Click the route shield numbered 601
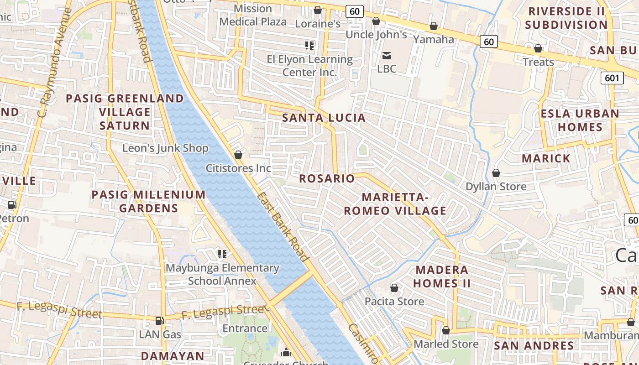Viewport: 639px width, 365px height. pyautogui.click(x=612, y=78)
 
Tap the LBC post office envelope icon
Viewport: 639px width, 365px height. pyautogui.click(x=387, y=56)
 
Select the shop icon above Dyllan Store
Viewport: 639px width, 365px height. pyautogui.click(x=496, y=173)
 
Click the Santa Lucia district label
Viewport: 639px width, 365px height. pyautogui.click(x=324, y=118)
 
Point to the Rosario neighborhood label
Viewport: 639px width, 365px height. pyautogui.click(x=327, y=178)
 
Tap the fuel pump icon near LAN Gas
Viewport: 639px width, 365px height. pyautogui.click(x=159, y=321)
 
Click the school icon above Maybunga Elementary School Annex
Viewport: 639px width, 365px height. pyautogui.click(x=222, y=254)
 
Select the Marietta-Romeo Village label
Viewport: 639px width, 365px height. pyautogui.click(x=395, y=204)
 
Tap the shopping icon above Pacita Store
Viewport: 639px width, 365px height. pyautogui.click(x=394, y=288)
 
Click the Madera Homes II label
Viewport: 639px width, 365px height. pyautogui.click(x=442, y=276)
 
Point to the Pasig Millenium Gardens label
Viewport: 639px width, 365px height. pyautogui.click(x=148, y=202)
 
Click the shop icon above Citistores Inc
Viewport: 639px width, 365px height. pyautogui.click(x=238, y=155)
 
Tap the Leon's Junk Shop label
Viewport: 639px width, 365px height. pyautogui.click(x=165, y=148)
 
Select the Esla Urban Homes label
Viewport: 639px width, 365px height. pyautogui.click(x=580, y=120)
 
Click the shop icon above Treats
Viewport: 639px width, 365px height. pyautogui.click(x=538, y=48)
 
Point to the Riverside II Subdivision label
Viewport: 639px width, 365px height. pyautogui.click(x=566, y=18)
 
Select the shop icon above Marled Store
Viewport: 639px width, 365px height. pyautogui.click(x=446, y=330)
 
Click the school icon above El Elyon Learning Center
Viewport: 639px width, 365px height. pyautogui.click(x=309, y=45)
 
